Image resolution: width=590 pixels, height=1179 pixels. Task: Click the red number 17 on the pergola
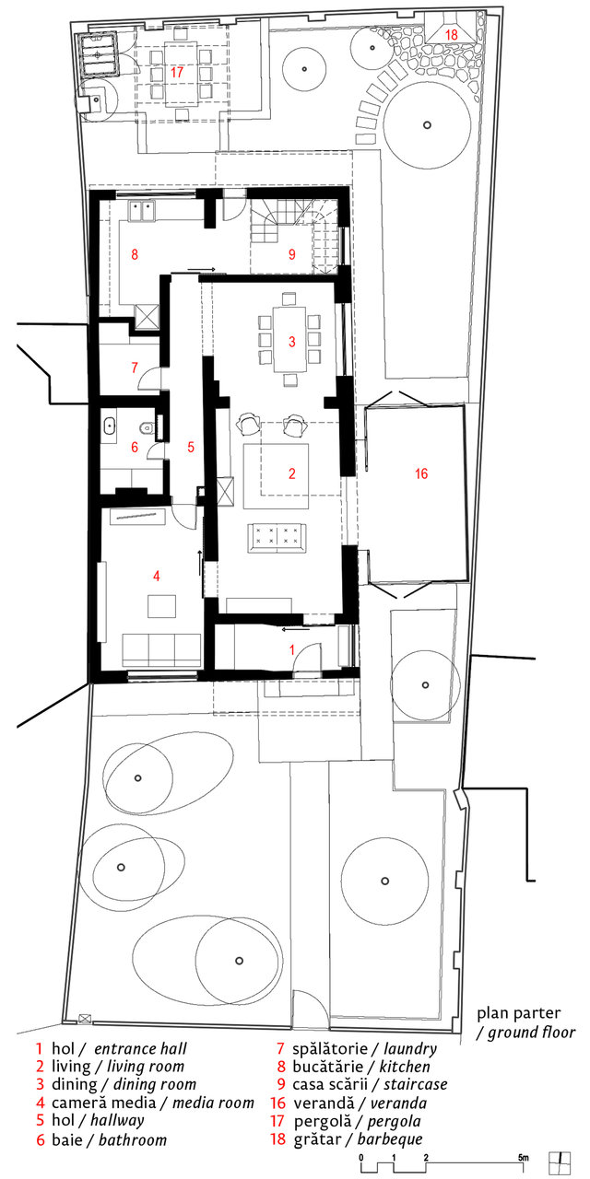[176, 72]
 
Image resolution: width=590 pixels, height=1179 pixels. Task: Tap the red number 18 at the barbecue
[452, 35]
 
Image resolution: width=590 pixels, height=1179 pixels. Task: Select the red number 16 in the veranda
[421, 473]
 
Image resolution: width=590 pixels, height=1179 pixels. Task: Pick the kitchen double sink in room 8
[142, 211]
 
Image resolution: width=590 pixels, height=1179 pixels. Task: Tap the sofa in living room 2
[277, 538]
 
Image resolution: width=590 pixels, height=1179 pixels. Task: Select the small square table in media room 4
[161, 606]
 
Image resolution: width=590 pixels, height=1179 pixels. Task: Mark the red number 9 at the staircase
[292, 255]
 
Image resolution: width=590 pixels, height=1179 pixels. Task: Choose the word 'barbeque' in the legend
[390, 1139]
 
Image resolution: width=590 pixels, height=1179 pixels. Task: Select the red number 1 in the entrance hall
[292, 649]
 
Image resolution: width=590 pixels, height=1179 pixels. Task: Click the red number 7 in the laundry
[135, 367]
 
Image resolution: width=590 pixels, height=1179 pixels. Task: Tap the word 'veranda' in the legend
[398, 1103]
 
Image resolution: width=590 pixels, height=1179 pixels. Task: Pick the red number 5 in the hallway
[191, 447]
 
